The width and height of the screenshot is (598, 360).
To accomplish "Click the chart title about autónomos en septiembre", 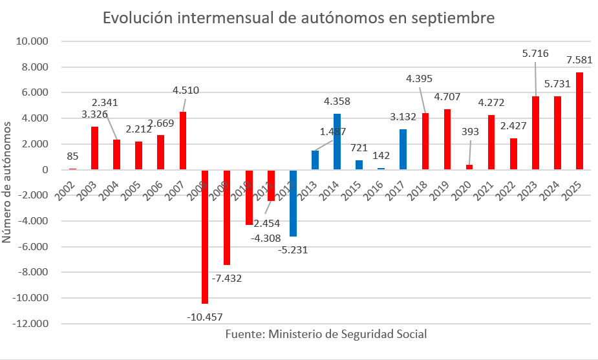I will pyautogui.click(x=299, y=18).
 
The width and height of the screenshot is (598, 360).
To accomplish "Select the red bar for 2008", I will pyautogui.click(x=205, y=236).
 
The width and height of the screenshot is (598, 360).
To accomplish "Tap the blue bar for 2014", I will pyautogui.click(x=337, y=142).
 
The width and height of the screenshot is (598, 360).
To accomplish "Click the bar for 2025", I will pyautogui.click(x=579, y=121).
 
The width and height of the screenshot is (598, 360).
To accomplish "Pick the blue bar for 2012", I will pyautogui.click(x=293, y=203).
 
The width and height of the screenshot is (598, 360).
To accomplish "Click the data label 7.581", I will pyautogui.click(x=579, y=60).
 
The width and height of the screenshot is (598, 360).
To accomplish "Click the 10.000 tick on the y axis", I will pyautogui.click(x=34, y=41).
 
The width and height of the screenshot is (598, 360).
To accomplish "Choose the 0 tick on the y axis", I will pyautogui.click(x=45, y=170).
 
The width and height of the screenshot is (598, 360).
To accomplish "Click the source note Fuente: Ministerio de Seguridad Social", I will pyautogui.click(x=326, y=334).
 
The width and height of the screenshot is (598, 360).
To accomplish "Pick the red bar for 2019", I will pyautogui.click(x=447, y=140).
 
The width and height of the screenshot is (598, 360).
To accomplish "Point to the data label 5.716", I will pyautogui.click(x=535, y=54).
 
